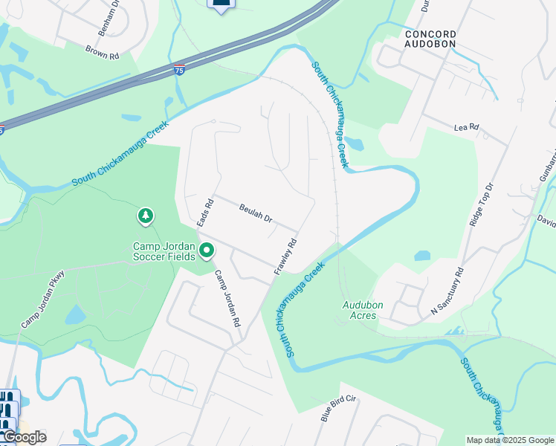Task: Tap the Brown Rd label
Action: [102, 52]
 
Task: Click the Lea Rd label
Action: [465, 129]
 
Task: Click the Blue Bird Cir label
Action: [339, 409]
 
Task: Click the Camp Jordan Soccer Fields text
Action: [164, 251]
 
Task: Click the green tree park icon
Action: [146, 216]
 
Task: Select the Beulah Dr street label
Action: [256, 214]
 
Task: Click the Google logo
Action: [24, 437]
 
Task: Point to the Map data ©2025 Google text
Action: [510, 440]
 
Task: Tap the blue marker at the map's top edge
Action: [220, 5]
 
